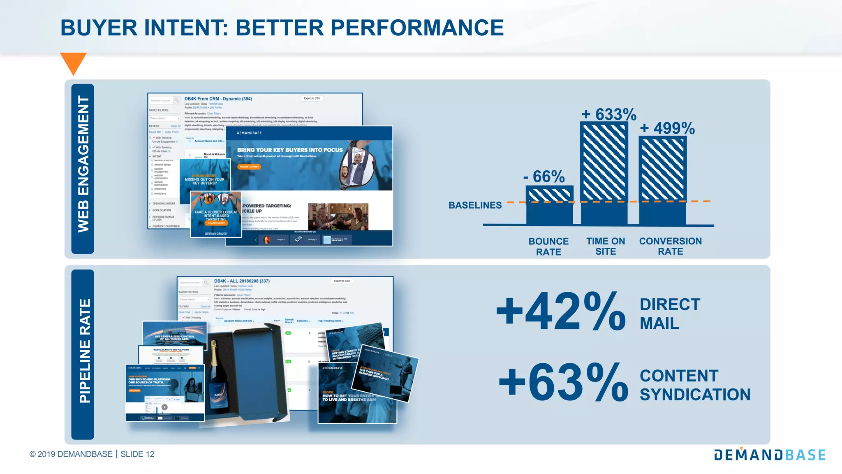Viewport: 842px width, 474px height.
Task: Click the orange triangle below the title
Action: [73, 62]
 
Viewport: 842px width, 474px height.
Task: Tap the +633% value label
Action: [609, 114]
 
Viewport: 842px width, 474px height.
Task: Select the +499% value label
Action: [667, 128]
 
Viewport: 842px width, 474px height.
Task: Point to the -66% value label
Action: [544, 177]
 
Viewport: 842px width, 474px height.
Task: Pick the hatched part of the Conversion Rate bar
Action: [663, 169]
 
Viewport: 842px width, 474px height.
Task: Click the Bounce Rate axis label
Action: [548, 246]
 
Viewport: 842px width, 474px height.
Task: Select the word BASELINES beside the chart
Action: [475, 205]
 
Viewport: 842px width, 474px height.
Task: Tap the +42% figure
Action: [561, 311]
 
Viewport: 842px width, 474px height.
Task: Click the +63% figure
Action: [563, 383]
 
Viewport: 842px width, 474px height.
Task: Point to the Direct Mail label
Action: [670, 314]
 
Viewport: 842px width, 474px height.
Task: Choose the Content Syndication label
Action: [695, 385]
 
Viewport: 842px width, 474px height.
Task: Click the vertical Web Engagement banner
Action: [83, 169]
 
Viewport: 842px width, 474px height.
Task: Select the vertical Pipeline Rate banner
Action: [83, 354]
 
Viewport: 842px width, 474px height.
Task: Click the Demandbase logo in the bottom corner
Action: [770, 455]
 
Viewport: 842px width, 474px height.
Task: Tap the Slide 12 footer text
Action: [137, 454]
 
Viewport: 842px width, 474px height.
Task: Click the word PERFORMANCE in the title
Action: [417, 28]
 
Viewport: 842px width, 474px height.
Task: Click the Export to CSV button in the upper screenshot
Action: [312, 98]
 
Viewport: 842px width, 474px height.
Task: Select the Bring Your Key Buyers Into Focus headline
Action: [289, 150]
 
